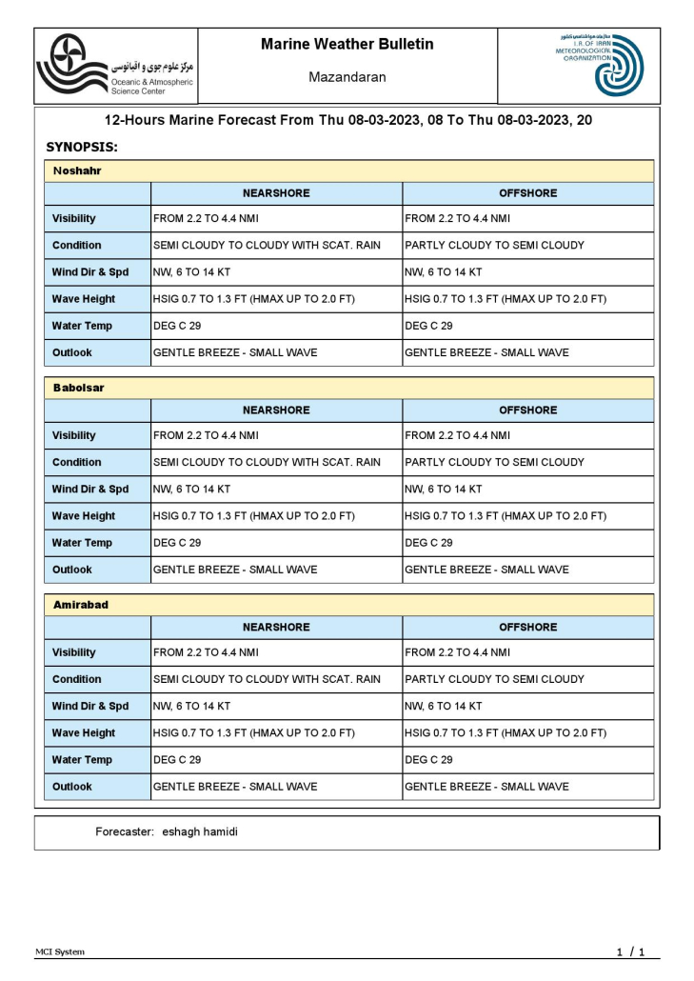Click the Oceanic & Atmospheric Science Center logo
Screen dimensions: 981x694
coord(114,65)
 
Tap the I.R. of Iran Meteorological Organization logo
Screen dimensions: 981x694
coord(600,65)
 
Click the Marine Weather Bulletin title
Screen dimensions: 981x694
coord(347,45)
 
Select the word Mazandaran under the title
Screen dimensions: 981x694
coord(347,77)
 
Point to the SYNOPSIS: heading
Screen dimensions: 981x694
coord(82,148)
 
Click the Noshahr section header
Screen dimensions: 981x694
coord(78,171)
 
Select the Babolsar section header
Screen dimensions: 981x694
coord(79,389)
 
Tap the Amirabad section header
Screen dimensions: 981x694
coord(81,606)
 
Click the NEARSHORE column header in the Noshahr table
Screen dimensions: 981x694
coord(276,193)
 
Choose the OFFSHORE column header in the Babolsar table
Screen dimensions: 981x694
coord(528,410)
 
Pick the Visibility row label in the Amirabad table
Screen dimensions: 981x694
coord(74,653)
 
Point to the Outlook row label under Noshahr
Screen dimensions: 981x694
coord(72,352)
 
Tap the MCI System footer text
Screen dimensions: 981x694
coord(60,951)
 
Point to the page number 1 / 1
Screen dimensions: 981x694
coord(630,951)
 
